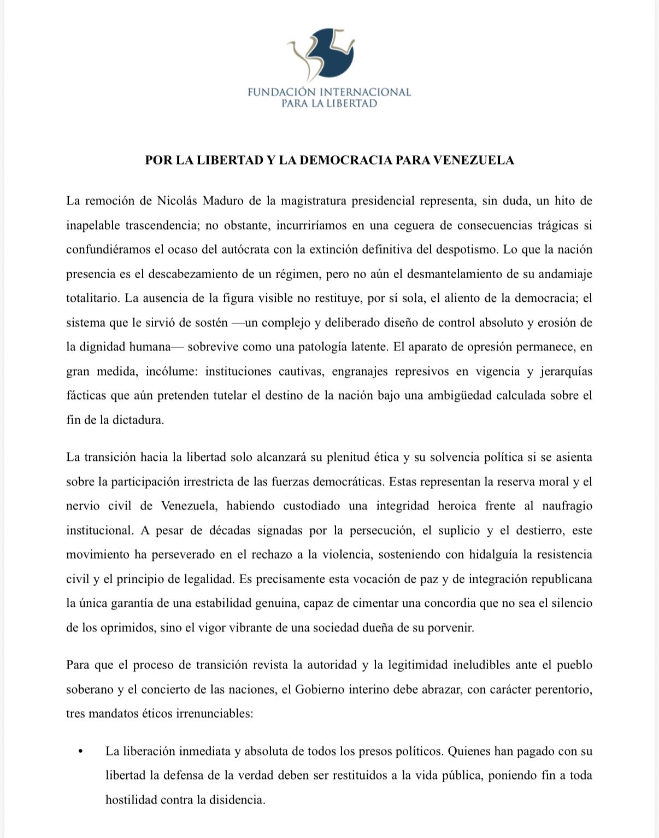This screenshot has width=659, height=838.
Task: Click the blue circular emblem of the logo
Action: (331, 52)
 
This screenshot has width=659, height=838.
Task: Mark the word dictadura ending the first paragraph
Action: (138, 420)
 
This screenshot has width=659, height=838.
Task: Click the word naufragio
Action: (566, 506)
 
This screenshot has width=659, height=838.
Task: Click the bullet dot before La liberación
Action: (81, 752)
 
